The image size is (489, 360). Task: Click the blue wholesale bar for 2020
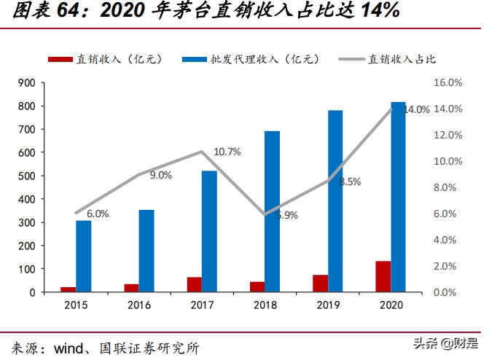coord(399,197)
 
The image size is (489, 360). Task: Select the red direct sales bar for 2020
coord(383,276)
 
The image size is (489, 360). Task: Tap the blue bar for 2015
coord(84,256)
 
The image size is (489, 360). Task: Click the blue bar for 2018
coord(272,211)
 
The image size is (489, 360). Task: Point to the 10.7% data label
coord(227,152)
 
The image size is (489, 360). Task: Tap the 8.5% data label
coord(350,181)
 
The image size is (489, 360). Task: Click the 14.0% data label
coord(416,109)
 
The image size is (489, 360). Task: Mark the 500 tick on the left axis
coord(27,176)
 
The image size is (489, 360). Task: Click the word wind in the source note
coord(70,347)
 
